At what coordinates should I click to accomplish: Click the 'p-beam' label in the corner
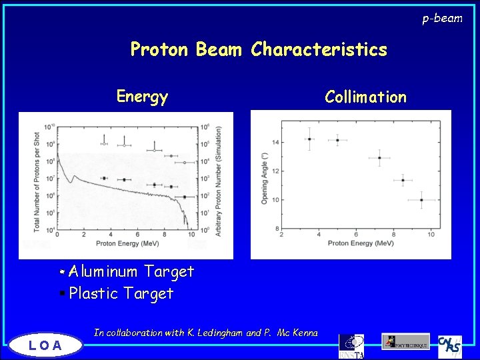(442, 18)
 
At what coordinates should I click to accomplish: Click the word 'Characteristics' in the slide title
(319, 50)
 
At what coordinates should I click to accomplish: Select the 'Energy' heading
(142, 97)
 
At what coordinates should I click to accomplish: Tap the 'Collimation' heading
(365, 97)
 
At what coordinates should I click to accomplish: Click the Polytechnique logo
(406, 342)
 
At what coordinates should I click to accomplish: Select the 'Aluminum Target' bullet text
(131, 272)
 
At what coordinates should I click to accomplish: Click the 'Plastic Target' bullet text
(121, 293)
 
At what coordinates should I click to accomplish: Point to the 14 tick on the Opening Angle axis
(275, 142)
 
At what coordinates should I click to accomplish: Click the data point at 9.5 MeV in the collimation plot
(421, 199)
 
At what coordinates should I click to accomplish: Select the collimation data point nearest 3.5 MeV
(309, 139)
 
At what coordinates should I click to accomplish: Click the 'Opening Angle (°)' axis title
(264, 177)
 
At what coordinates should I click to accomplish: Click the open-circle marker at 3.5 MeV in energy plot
(103, 143)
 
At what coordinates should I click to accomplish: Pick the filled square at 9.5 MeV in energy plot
(185, 197)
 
